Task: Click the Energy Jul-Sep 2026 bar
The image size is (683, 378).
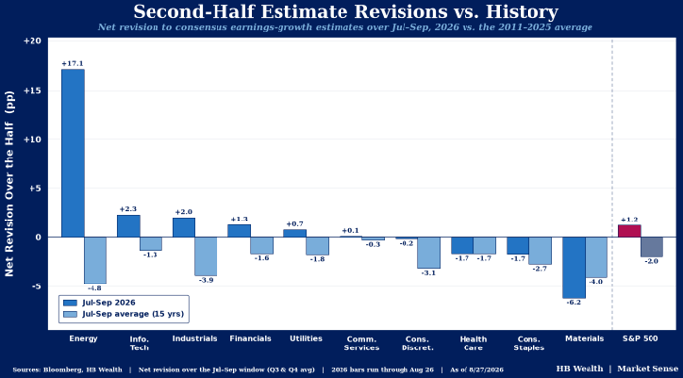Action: tap(73, 154)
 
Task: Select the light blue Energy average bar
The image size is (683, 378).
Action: tap(94, 261)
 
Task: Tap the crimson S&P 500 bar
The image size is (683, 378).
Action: tap(629, 231)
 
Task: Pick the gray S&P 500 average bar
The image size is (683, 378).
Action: tap(652, 247)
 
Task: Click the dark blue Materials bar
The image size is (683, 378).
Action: tap(574, 268)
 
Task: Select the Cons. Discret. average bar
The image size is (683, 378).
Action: tap(429, 253)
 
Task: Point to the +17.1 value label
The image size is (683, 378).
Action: tap(72, 64)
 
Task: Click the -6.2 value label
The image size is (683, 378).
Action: tap(574, 302)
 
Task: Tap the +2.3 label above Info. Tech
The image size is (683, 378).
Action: tap(128, 209)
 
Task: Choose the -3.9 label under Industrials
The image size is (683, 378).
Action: tap(206, 280)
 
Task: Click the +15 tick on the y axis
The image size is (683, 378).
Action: tap(33, 91)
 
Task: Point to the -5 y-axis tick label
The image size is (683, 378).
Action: tap(35, 286)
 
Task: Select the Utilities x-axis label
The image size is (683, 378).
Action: tap(306, 338)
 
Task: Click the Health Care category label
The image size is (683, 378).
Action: tap(473, 344)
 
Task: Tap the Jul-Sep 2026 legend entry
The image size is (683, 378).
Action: tap(99, 303)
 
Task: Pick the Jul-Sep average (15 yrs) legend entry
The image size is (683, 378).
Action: tap(124, 314)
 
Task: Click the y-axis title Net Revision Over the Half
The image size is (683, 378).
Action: tap(9, 183)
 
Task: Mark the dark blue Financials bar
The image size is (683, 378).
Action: tap(239, 230)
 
